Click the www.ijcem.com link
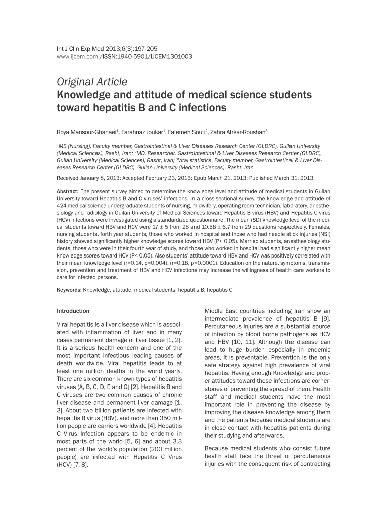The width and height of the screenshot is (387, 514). click(73, 57)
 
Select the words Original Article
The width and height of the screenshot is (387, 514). click(92, 81)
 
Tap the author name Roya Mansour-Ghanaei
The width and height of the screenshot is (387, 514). click(86, 132)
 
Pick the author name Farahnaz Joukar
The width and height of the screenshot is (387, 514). click(142, 132)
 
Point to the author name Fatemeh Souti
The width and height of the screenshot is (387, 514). click(188, 132)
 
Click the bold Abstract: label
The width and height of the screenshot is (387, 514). click(67, 191)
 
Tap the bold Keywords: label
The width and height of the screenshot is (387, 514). click(69, 290)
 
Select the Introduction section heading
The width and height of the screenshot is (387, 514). click(73, 311)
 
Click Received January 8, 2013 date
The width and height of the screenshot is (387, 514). click(89, 178)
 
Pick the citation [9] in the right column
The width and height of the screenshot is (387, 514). click(325, 318)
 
